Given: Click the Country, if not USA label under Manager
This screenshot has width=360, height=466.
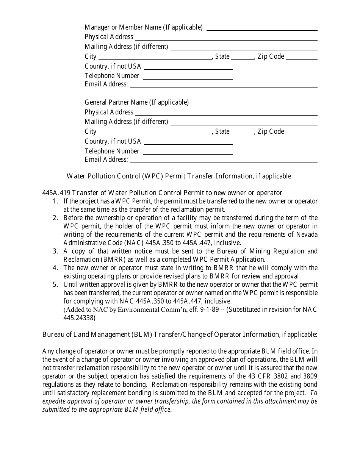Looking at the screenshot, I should tap(113, 66).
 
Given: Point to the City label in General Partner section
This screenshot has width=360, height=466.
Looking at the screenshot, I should tap(91, 131).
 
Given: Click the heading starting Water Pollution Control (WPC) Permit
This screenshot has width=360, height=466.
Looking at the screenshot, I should tap(180, 176).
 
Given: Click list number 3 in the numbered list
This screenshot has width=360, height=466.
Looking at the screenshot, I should tap(55, 251).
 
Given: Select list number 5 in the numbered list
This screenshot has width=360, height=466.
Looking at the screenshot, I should tap(55, 284).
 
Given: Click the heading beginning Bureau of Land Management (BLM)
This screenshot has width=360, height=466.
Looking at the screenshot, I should tap(180, 334).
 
